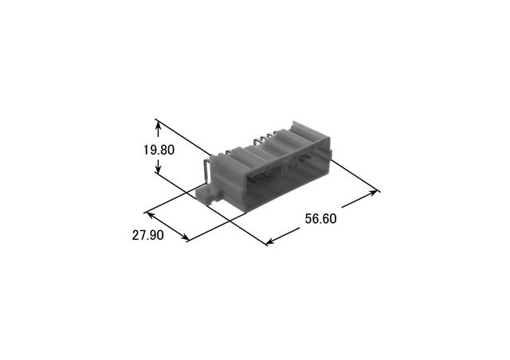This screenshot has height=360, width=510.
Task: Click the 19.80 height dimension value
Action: (x=159, y=150)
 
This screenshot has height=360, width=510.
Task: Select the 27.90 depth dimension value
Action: (x=147, y=235)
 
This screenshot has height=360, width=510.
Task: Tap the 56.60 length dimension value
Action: (x=320, y=218)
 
